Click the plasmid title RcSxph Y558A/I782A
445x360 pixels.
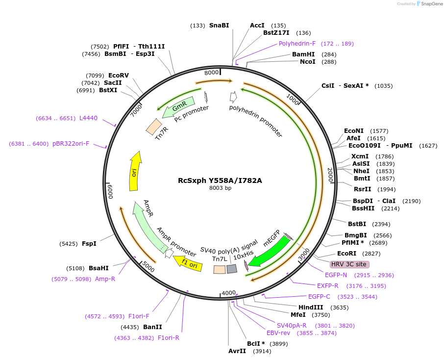pos(220,180)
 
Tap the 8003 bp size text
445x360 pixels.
pos(220,188)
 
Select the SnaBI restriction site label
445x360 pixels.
pos(219,26)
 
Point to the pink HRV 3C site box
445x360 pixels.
pos(349,264)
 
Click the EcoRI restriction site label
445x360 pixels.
pos(346,254)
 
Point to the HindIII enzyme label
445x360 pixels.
pos(310,308)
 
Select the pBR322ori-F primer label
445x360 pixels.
pos(71,144)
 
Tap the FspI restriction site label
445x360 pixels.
pos(89,243)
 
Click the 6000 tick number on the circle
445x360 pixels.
pos(111,192)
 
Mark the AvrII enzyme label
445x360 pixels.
pos(237,351)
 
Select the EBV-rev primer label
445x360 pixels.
pos(278,333)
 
